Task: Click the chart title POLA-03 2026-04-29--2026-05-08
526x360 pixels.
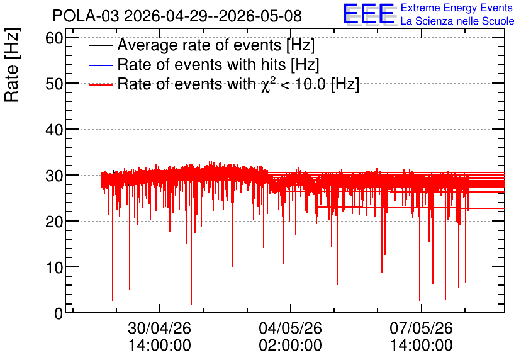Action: (x=177, y=16)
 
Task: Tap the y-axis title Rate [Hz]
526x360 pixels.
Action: (x=12, y=65)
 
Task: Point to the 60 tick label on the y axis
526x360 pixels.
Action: (x=54, y=38)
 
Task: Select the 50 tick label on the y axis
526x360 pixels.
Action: (x=54, y=84)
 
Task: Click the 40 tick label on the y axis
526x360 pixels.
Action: (x=54, y=130)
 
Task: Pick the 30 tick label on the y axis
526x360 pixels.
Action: (x=54, y=176)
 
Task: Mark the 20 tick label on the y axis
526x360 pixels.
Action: (x=54, y=222)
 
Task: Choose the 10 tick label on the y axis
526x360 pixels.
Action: (x=54, y=267)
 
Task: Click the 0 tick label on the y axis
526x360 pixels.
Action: (x=59, y=313)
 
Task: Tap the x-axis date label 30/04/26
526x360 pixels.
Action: (x=159, y=328)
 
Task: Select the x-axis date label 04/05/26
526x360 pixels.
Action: (x=290, y=328)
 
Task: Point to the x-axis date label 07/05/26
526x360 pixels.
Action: (x=421, y=328)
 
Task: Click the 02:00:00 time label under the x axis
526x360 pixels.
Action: (x=290, y=345)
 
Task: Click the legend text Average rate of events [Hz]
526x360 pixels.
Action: (x=216, y=45)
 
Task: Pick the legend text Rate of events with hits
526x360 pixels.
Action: (x=201, y=64)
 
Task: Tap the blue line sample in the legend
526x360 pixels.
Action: (x=100, y=65)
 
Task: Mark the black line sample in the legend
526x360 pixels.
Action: (x=100, y=45)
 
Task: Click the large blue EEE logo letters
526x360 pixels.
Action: (x=369, y=14)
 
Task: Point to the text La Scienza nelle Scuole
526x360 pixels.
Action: (x=457, y=21)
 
